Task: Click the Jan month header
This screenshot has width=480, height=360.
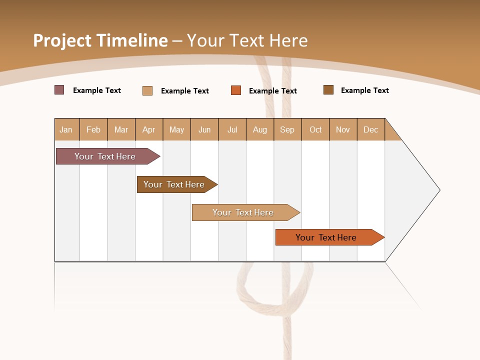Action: [x=66, y=129]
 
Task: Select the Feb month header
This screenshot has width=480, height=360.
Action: [x=93, y=129]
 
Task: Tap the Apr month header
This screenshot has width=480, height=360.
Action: [x=148, y=129]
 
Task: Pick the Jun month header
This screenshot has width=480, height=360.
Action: [x=204, y=129]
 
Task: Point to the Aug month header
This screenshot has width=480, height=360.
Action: [x=260, y=129]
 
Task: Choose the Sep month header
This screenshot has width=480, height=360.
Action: [x=287, y=129]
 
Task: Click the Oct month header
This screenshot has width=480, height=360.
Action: [x=315, y=129]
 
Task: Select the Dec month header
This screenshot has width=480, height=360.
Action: [x=370, y=129]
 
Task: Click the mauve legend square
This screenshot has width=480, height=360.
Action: [x=59, y=90]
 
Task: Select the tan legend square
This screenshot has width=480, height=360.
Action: [x=147, y=90]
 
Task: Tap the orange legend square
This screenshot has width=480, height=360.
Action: [x=236, y=90]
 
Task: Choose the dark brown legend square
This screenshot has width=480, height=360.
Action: [x=328, y=90]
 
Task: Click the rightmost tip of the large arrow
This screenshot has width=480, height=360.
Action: [x=439, y=190]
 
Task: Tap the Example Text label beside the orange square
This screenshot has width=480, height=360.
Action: [x=272, y=91]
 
